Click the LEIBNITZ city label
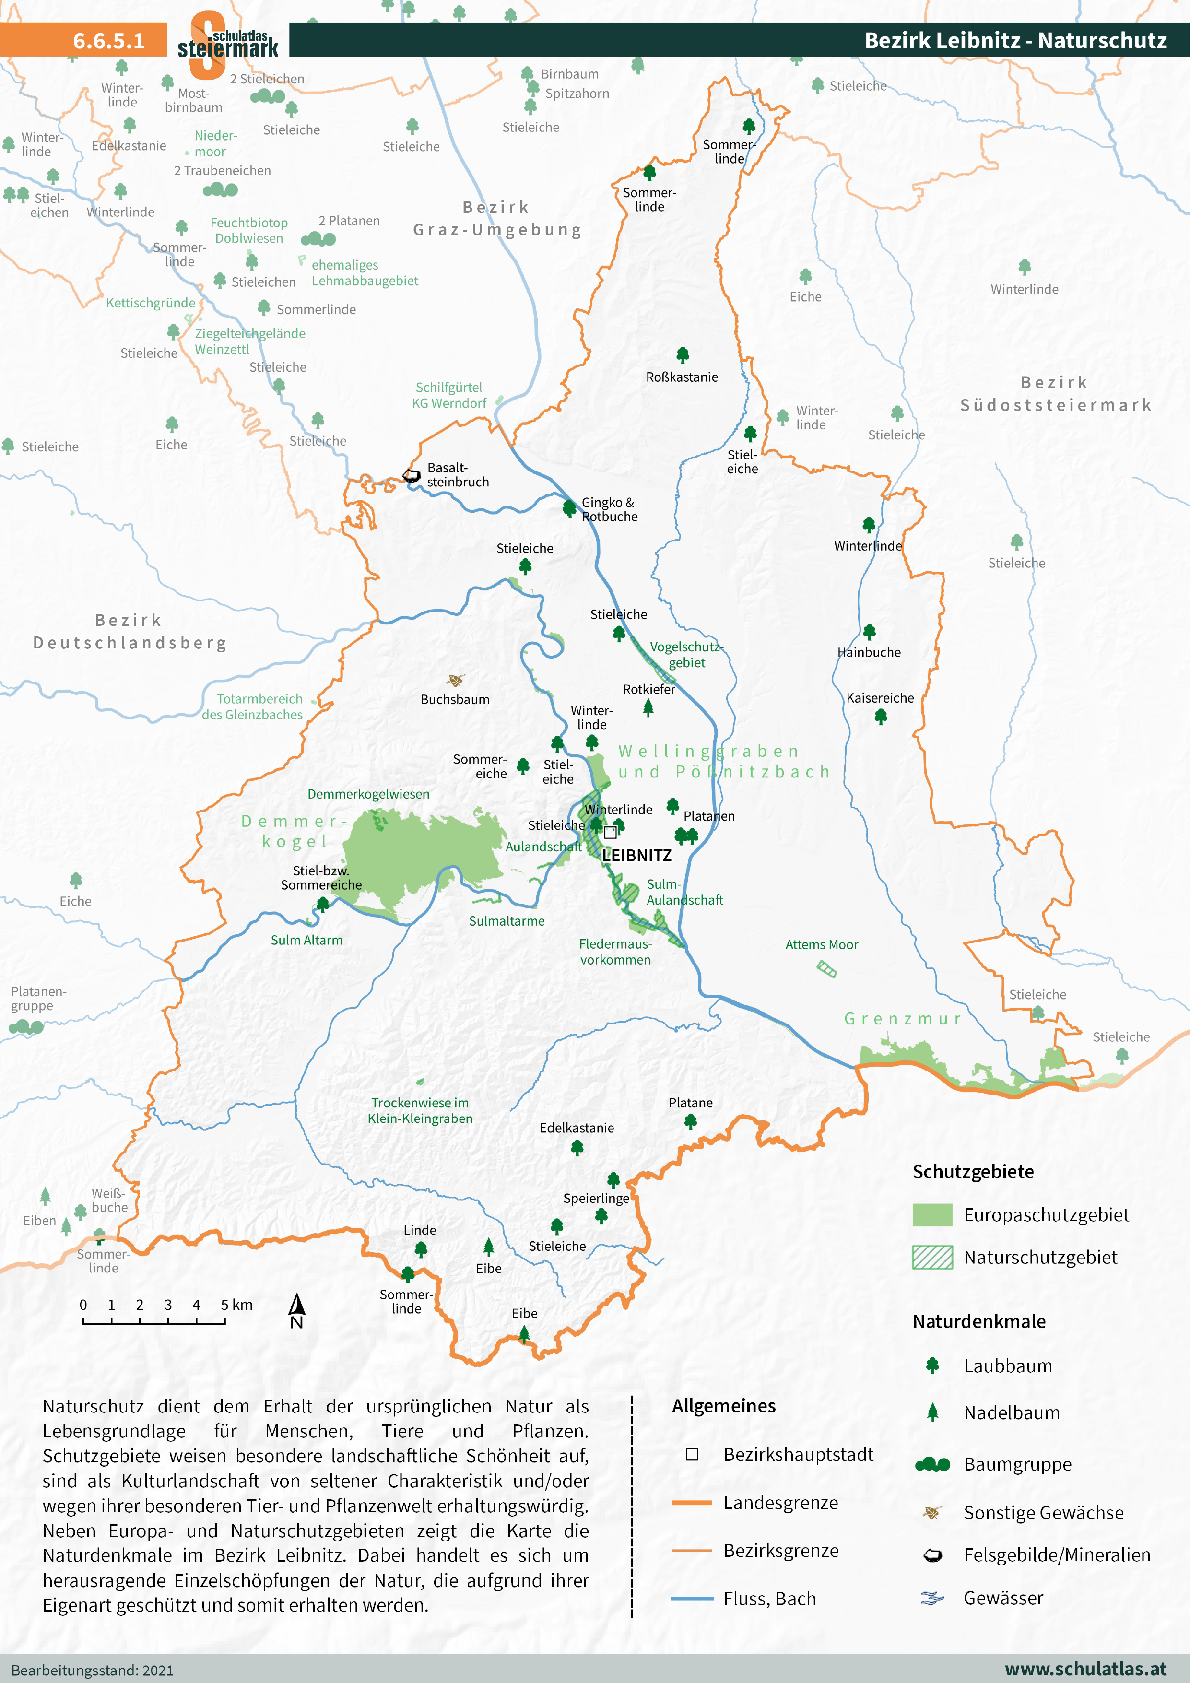coord(636,856)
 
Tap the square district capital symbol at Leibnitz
coord(610,832)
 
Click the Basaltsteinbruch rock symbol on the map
coord(412,476)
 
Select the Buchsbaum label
coord(455,699)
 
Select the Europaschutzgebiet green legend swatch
coord(932,1214)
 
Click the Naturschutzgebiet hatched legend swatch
coord(932,1257)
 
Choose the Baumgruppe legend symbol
coord(932,1465)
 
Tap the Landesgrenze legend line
coord(692,1503)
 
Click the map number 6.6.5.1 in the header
coord(108,40)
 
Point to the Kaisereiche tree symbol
coord(881,716)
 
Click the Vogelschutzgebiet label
coord(685,655)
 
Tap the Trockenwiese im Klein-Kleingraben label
coord(420,1110)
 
